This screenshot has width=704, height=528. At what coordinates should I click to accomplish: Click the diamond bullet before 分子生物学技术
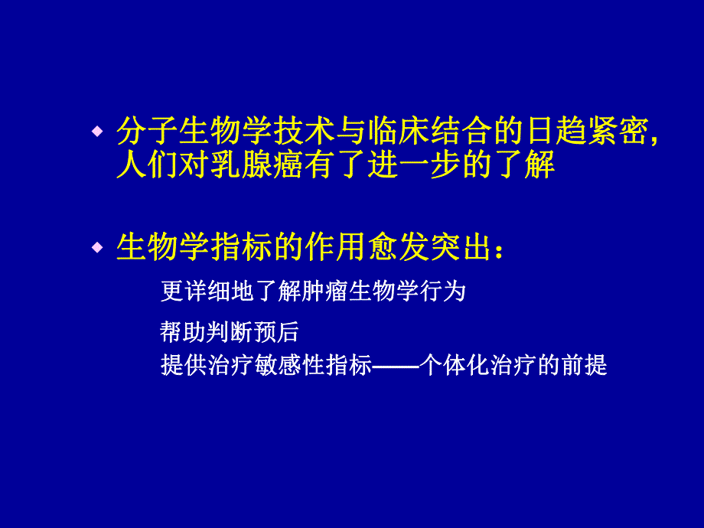click(x=97, y=132)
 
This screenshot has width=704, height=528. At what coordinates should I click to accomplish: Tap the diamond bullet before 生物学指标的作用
click(x=97, y=248)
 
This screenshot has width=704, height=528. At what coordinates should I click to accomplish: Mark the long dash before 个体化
click(x=395, y=366)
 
